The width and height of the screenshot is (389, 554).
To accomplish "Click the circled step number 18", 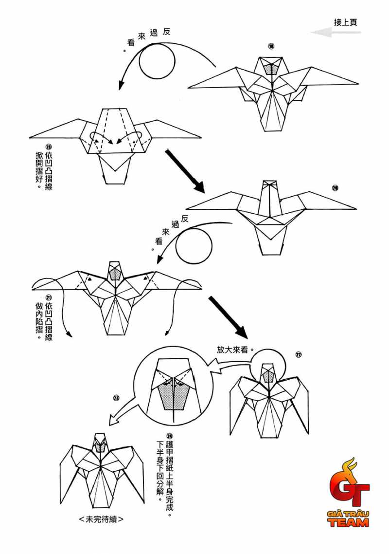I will pos(271,46).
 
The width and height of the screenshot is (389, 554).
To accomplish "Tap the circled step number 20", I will pos(335,188).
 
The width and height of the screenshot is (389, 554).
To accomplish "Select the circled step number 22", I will pos(298,354).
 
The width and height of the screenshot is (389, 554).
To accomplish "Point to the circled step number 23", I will pos(116,398).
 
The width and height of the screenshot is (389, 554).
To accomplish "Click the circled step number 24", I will pos(169,437).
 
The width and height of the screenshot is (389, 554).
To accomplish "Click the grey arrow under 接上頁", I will pos(336,33).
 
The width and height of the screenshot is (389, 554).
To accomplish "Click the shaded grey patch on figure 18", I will pos(272,69).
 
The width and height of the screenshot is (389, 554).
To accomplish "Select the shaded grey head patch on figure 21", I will pos(115,274).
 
